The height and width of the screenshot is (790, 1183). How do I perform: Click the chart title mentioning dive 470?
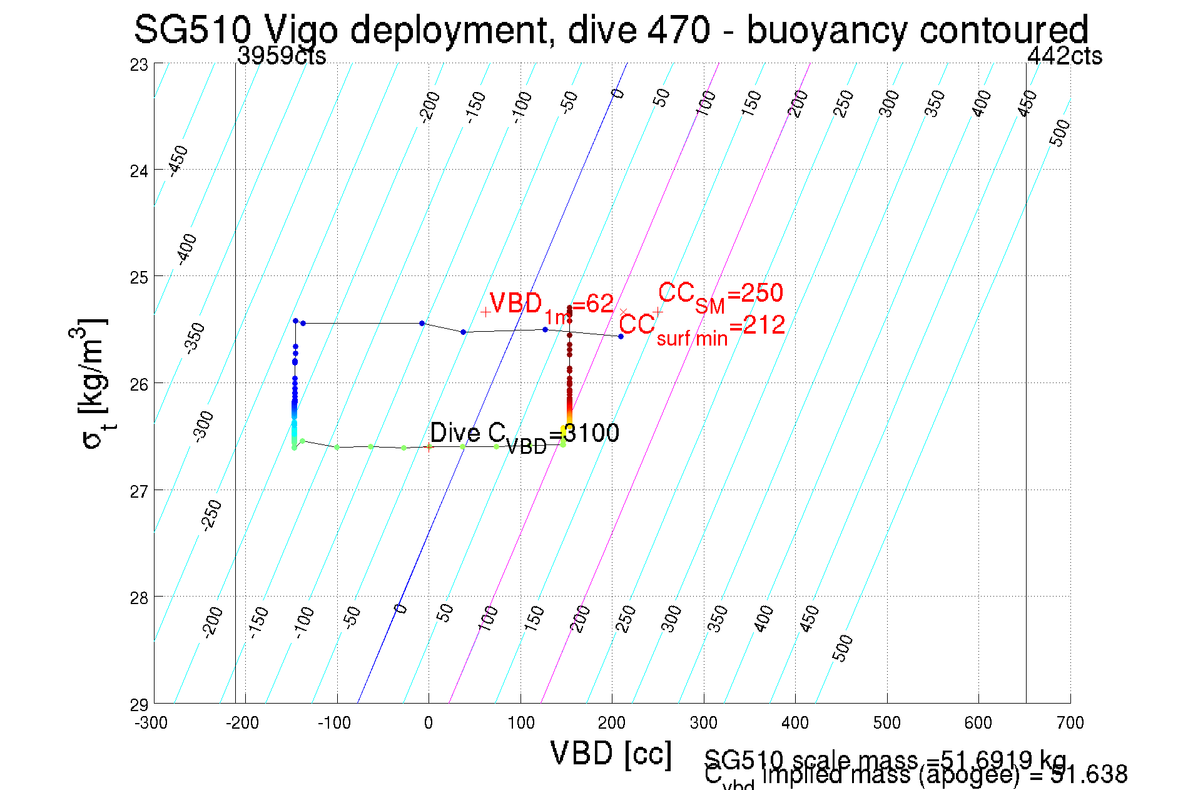(611, 29)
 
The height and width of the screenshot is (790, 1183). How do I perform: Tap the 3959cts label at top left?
(282, 56)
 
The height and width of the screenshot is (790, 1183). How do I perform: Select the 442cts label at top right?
(1064, 56)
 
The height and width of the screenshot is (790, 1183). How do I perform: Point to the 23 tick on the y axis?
(140, 64)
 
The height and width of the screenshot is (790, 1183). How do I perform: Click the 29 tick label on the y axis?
(140, 705)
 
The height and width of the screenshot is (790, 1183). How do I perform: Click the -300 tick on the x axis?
(151, 723)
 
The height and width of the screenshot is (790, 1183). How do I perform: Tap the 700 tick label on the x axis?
(1070, 723)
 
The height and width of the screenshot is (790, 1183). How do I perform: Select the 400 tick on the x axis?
(795, 723)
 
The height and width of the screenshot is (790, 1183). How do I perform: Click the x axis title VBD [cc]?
(611, 753)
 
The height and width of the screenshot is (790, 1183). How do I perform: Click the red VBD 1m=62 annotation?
(551, 305)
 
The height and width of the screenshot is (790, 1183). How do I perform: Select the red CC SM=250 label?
(720, 294)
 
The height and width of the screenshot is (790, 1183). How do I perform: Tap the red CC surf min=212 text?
(702, 327)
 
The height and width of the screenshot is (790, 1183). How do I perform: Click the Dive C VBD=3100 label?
(524, 434)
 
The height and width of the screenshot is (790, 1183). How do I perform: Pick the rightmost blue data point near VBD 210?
(621, 337)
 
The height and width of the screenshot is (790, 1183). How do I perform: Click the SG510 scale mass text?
(885, 759)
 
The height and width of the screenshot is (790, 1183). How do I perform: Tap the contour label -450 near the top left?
(179, 160)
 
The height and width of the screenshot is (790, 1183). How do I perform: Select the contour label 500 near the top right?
(1060, 133)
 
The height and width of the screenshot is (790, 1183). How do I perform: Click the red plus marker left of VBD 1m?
(485, 312)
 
